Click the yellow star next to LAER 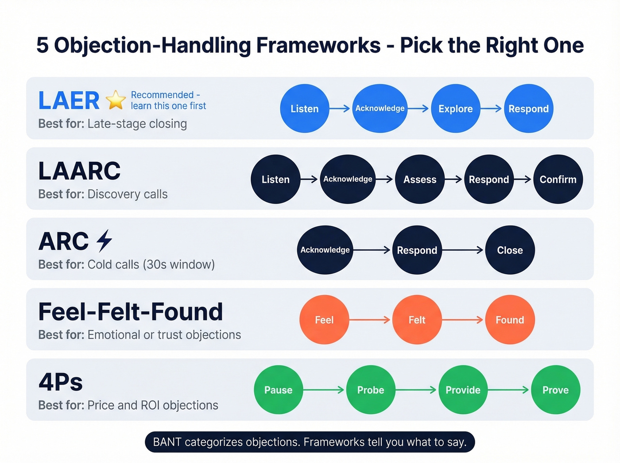coord(116,100)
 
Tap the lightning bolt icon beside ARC coord(105,241)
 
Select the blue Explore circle coord(455,109)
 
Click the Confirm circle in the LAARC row coord(558,179)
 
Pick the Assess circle coord(419,179)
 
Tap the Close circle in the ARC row coord(510,250)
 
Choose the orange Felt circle coord(417,320)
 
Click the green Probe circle coord(371,390)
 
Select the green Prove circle coord(555,390)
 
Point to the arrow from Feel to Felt coord(370,320)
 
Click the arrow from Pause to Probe coord(324,390)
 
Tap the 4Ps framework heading coord(61,382)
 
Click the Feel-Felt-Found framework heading coord(131,311)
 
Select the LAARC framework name coord(79,171)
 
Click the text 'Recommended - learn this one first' coord(168,100)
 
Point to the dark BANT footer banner coord(310,442)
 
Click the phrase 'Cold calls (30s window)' coord(151,265)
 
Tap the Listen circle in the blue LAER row coord(305,109)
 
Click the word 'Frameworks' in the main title coord(318,45)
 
